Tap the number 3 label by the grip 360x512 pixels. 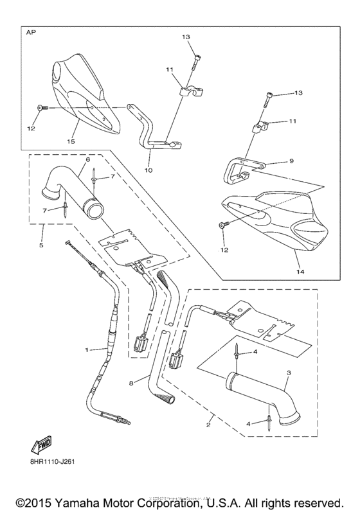click(x=289, y=373)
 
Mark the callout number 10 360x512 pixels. click(x=149, y=172)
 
